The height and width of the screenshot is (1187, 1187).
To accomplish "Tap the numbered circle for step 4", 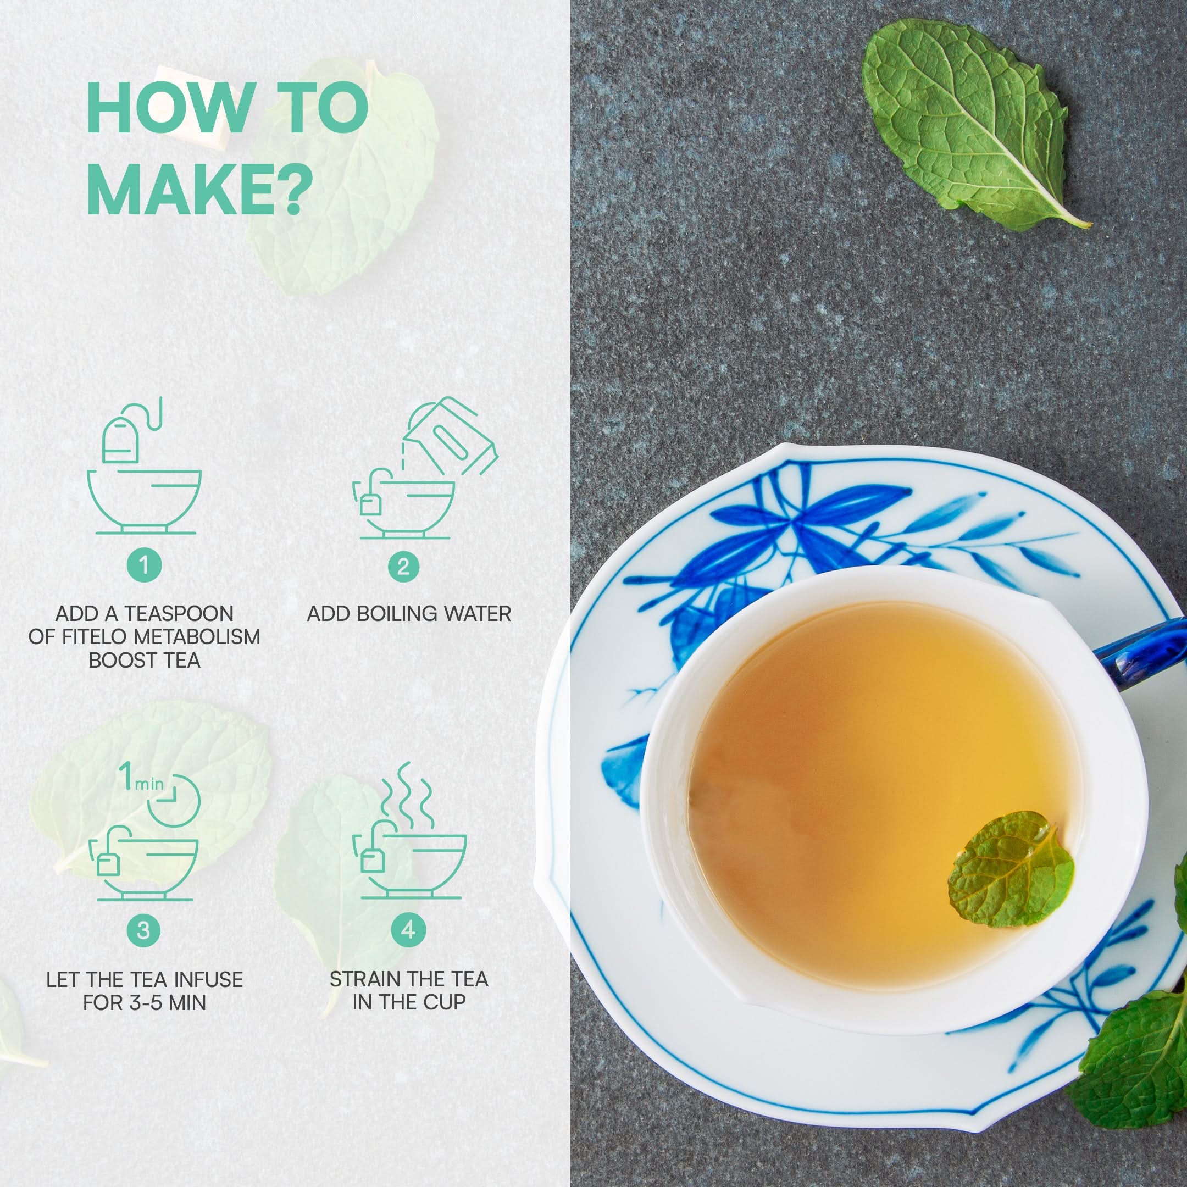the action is point(408,930).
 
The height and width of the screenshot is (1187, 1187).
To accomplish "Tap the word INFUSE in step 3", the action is point(208,979).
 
